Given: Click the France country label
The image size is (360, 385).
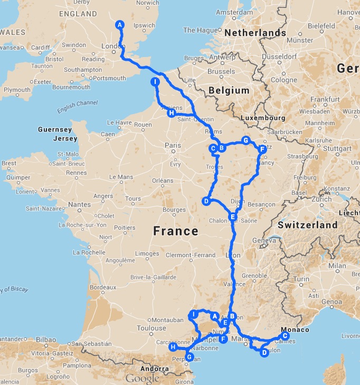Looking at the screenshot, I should pos(175,231).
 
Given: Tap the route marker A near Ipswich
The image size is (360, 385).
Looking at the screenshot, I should pos(120,25).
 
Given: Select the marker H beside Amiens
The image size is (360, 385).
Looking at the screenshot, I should pos(170,113).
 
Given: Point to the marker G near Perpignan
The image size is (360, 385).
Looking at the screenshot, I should pos(189,358).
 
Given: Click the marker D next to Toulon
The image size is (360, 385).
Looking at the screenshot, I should pos(264,353).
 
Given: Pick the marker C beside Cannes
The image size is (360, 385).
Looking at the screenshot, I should pos(285,335).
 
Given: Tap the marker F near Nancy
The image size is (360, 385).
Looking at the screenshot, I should pos(262,149).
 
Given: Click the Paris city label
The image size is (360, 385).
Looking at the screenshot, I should pos(173,146).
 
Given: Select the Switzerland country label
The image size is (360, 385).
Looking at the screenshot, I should pos(308,225).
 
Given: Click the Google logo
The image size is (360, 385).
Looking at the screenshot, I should pos(142,378).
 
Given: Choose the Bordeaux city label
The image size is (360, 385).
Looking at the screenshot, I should pos(102,287).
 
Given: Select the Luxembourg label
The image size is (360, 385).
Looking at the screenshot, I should pos(262,118).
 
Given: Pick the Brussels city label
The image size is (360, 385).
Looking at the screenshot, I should pos(221,71).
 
